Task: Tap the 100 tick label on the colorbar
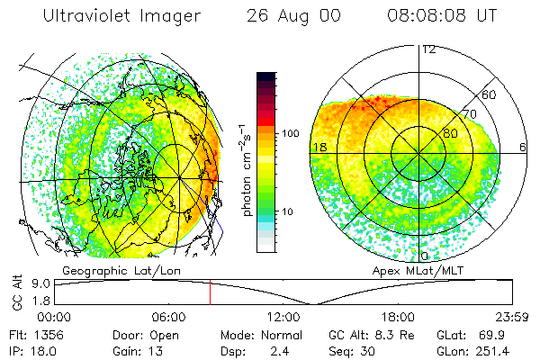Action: pyautogui.click(x=291, y=133)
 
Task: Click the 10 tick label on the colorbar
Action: pyautogui.click(x=288, y=211)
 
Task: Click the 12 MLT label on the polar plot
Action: pyautogui.click(x=428, y=49)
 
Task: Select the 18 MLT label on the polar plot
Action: pyautogui.click(x=319, y=147)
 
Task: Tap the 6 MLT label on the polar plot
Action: pyautogui.click(x=523, y=147)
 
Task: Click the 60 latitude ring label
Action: pyautogui.click(x=490, y=94)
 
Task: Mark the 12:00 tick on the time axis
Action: pyautogui.click(x=283, y=317)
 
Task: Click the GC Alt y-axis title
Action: pyautogui.click(x=15, y=293)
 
